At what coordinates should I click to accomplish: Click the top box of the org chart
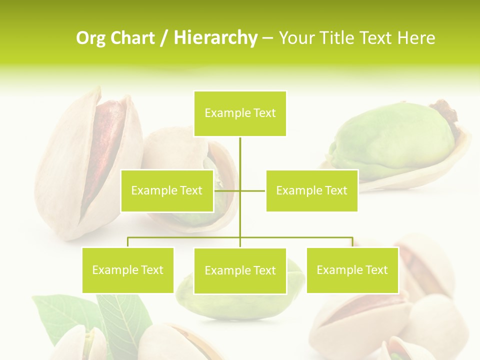click(x=240, y=113)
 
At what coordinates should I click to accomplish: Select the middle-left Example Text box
click(x=167, y=190)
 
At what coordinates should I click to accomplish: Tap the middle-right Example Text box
click(x=311, y=190)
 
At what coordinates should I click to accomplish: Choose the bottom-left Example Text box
click(x=128, y=270)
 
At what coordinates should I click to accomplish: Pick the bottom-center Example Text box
click(x=240, y=270)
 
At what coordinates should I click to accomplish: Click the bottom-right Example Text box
click(x=352, y=270)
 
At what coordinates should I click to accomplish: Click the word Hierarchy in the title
click(x=215, y=38)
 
